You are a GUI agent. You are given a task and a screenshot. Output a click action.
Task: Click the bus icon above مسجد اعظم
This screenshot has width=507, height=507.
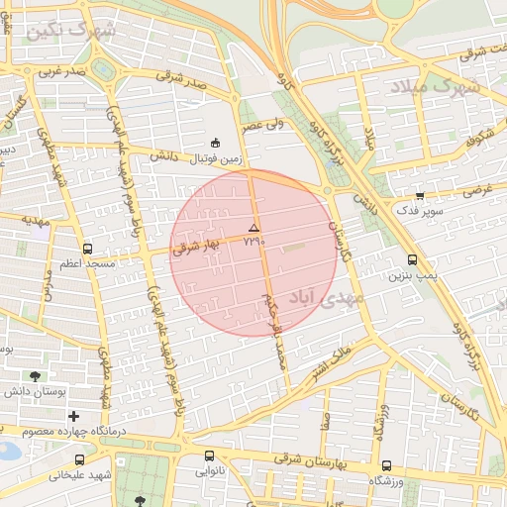coord(88,249)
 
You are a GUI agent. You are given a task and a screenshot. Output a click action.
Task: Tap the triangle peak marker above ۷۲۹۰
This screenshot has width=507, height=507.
coord(253,228)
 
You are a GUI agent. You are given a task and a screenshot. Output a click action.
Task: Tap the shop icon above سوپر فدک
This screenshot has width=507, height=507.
coord(420,195)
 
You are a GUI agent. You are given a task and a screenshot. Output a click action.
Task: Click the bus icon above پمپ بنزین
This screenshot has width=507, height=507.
coord(412,260)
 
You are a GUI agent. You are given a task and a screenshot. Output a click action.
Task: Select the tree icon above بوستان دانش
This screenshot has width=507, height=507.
coord(37,376)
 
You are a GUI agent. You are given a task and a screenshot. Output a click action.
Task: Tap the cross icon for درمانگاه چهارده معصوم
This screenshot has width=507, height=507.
coord(73,416)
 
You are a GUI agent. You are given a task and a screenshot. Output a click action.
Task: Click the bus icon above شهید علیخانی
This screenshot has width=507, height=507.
coord(79,459)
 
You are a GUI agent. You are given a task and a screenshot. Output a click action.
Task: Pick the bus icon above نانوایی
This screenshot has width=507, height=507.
coord(208,456)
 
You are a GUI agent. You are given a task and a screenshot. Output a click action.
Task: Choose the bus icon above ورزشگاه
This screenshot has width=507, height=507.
coord(386,465)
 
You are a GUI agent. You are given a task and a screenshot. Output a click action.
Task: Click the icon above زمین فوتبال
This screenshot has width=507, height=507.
coord(216,143)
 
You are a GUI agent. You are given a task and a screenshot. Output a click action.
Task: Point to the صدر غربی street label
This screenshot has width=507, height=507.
coord(63,71)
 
